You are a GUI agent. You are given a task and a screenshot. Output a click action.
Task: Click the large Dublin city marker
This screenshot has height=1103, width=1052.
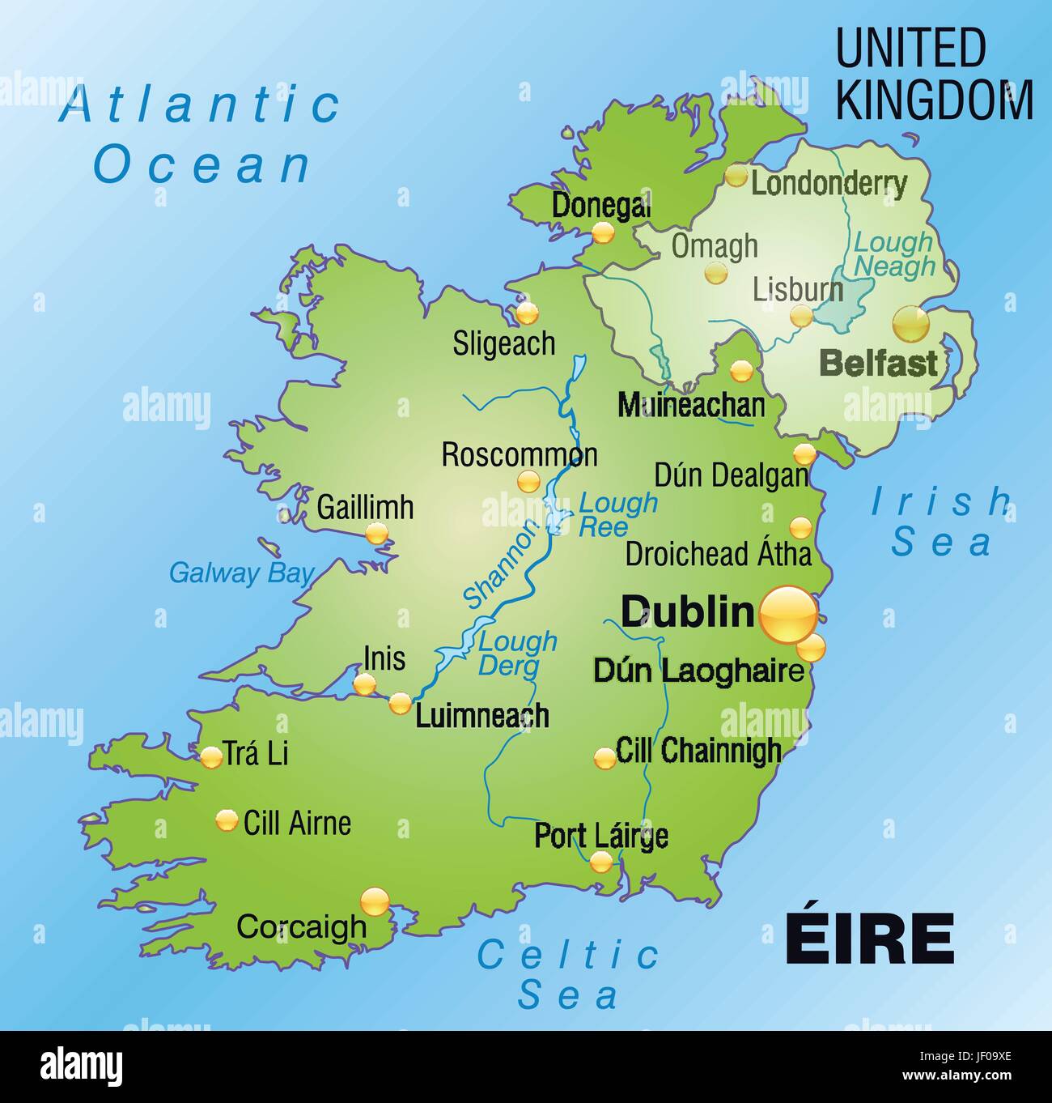(x=787, y=615)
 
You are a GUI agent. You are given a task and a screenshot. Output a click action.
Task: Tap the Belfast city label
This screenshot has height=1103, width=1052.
(x=878, y=364)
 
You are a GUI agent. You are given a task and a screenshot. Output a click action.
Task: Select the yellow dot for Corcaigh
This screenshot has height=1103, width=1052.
(x=375, y=901)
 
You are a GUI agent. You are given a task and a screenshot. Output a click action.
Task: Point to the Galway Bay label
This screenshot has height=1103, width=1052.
(x=240, y=573)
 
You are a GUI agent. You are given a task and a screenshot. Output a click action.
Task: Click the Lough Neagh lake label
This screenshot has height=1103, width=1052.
(x=894, y=253)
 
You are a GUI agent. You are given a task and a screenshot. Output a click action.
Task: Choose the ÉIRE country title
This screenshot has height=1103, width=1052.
(x=869, y=939)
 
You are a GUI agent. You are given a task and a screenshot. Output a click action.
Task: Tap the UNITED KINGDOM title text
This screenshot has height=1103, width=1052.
(x=934, y=75)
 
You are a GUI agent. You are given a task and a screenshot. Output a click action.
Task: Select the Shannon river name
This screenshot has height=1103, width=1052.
(x=502, y=564)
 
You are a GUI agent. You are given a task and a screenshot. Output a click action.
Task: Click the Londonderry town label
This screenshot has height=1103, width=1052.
(x=829, y=184)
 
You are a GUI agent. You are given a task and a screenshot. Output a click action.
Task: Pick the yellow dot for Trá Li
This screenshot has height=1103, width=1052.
(x=211, y=757)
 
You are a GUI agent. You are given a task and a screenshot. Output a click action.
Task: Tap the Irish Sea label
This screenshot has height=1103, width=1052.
(x=941, y=522)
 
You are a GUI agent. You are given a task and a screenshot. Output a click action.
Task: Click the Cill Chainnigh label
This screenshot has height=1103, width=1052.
(x=698, y=751)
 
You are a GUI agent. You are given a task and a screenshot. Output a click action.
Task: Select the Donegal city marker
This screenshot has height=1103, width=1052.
(x=602, y=233)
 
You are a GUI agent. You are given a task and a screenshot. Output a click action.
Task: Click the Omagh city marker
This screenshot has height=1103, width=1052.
(x=715, y=273)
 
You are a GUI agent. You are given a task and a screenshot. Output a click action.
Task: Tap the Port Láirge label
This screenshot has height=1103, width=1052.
(x=600, y=836)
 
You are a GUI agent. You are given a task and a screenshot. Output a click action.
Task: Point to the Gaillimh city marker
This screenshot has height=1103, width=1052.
(x=376, y=533)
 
